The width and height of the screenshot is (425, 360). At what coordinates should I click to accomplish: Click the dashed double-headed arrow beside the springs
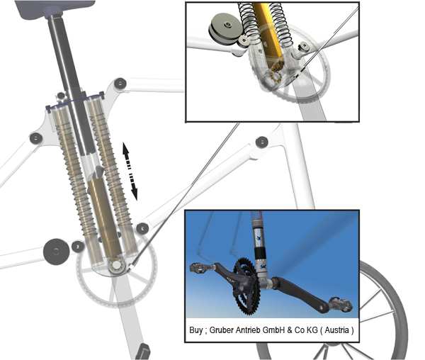(x=130, y=170)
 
